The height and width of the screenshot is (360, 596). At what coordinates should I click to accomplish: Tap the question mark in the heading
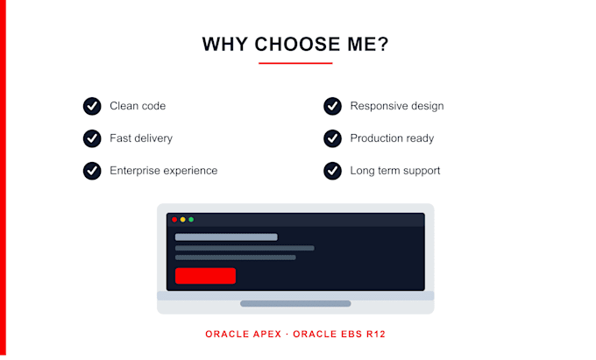coord(383,44)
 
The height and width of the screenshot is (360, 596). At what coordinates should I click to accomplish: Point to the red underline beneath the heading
coord(295,63)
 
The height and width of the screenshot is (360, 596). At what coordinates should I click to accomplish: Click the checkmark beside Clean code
coord(92,106)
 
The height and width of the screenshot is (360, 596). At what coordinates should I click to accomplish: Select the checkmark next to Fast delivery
coord(92,138)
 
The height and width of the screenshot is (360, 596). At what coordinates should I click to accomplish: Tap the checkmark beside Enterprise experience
coord(92,171)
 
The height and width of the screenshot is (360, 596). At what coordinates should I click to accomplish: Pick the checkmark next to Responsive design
coord(332,106)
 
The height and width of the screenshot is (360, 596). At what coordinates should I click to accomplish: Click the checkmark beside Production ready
coord(332,138)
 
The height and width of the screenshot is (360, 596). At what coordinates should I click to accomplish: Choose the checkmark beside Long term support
coord(332,171)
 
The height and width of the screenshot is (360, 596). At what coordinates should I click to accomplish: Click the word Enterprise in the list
coord(135,171)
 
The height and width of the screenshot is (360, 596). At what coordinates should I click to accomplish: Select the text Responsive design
coord(397,106)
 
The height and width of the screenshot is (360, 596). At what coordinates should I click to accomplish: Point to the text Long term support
coord(395,171)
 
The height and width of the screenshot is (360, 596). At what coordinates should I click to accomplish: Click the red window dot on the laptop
coord(174,220)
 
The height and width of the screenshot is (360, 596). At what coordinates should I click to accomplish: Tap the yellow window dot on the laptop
coord(183,220)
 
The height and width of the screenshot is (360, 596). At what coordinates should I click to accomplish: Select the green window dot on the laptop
coord(191,220)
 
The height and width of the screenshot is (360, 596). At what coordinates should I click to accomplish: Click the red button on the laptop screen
coord(205,276)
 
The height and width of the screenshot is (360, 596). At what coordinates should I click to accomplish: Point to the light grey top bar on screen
coord(226,237)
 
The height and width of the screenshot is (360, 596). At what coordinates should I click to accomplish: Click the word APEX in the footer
coord(266,335)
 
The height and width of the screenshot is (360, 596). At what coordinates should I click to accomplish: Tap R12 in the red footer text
coord(376,335)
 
